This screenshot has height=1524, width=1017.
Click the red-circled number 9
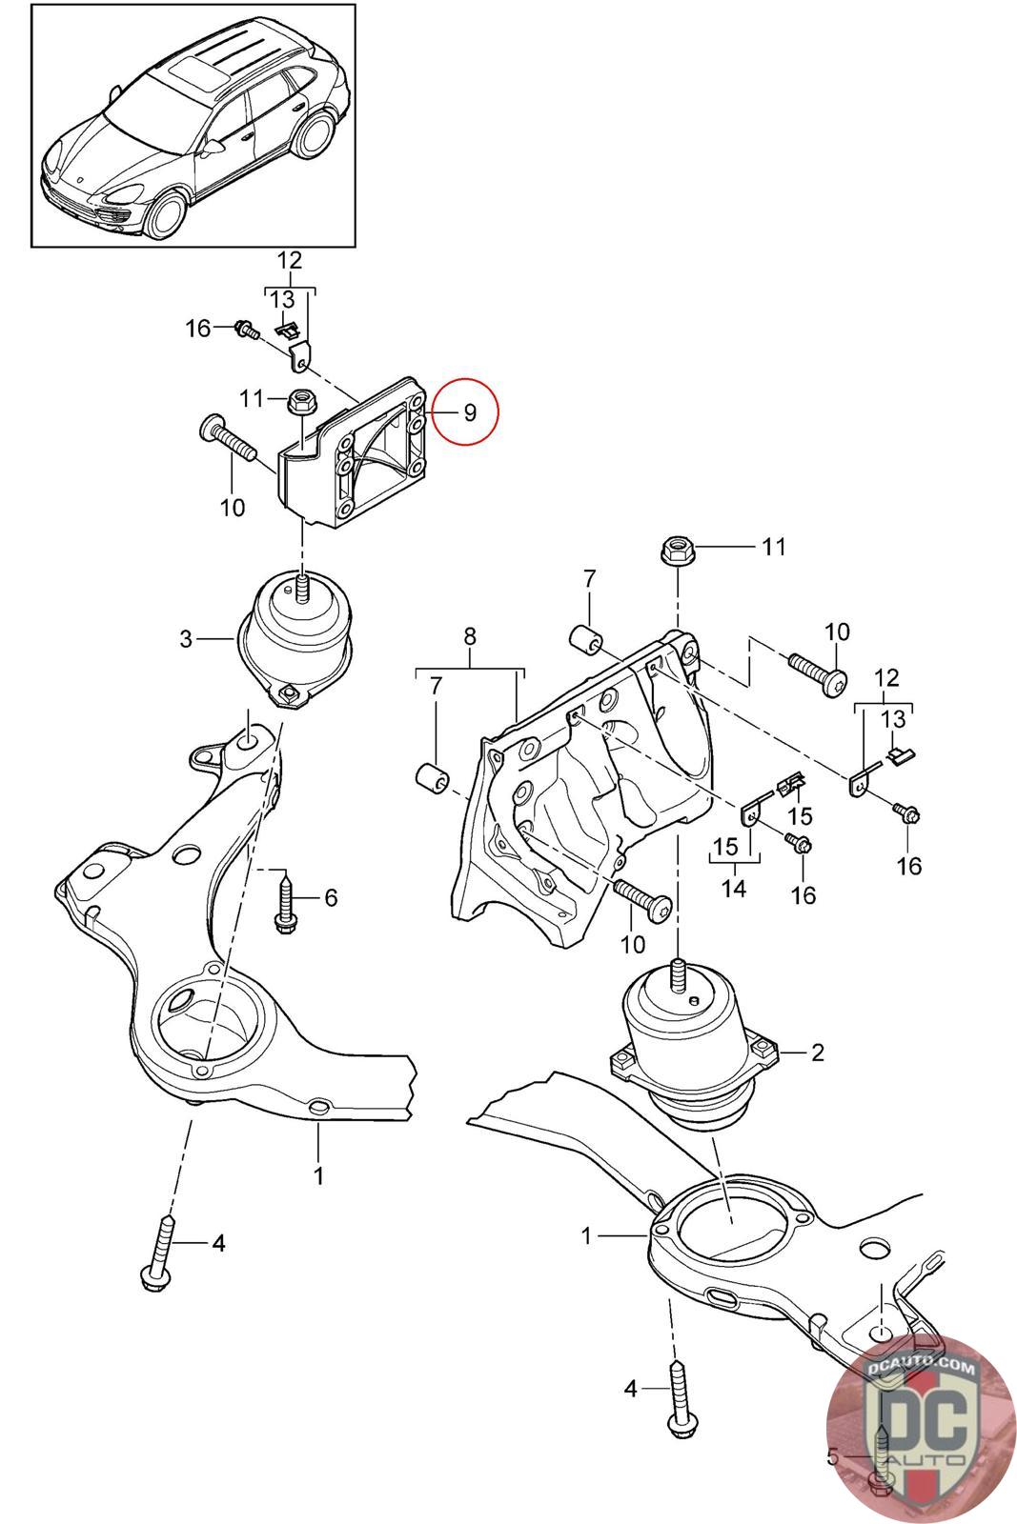468,412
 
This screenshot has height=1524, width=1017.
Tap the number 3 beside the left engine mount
186,638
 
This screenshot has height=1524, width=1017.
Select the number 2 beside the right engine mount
817,1053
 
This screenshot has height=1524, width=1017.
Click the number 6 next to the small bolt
331,897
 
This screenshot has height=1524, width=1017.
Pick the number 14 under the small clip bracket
734,889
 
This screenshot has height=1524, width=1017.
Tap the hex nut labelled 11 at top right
677,550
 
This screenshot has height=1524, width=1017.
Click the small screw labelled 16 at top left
247,331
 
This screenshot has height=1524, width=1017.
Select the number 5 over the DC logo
833,1456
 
